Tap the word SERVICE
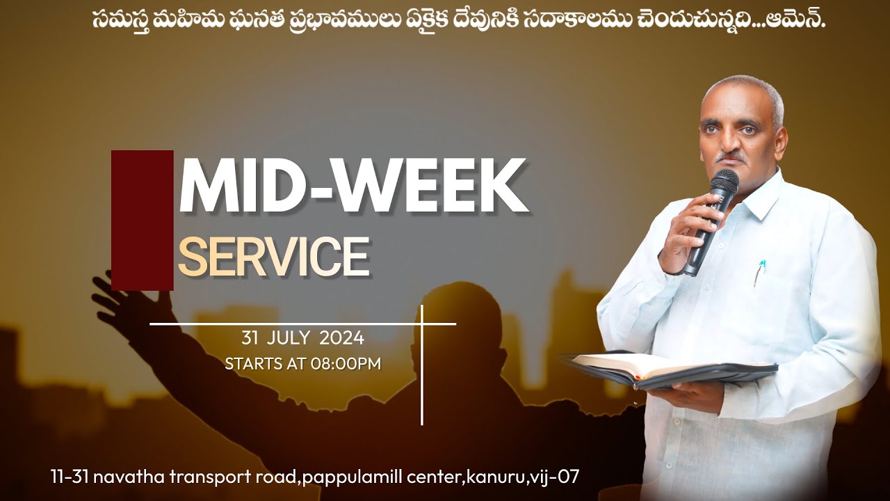click(273, 257)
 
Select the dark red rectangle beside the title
click(142, 220)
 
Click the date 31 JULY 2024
click(302, 339)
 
